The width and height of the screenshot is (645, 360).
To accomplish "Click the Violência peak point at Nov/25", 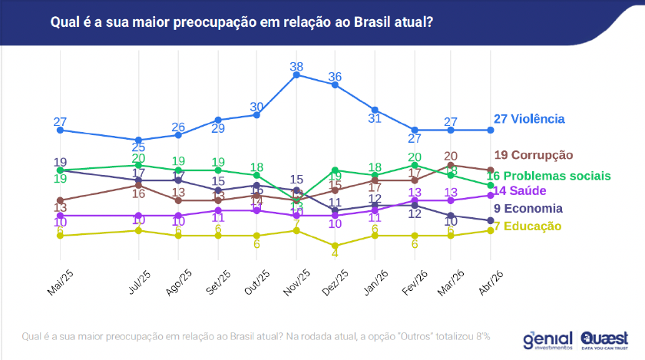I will coord(296,74).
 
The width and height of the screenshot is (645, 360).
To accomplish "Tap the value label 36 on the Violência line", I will coord(335,77).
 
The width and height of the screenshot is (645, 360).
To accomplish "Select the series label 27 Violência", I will coord(529,119).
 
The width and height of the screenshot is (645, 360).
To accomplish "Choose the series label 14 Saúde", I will coord(521,190).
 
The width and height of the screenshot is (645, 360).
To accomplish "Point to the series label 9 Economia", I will coord(528,208).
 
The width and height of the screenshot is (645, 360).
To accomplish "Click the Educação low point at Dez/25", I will coord(336,246).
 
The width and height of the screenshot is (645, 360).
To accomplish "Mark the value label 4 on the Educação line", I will coord(335,251).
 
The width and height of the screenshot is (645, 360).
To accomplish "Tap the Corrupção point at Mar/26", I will coord(451,164).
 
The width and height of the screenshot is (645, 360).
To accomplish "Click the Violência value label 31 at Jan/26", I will coord(375,118).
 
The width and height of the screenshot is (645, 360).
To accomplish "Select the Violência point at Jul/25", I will coord(139,140).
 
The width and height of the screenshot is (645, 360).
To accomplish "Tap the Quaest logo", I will coord(605,339).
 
